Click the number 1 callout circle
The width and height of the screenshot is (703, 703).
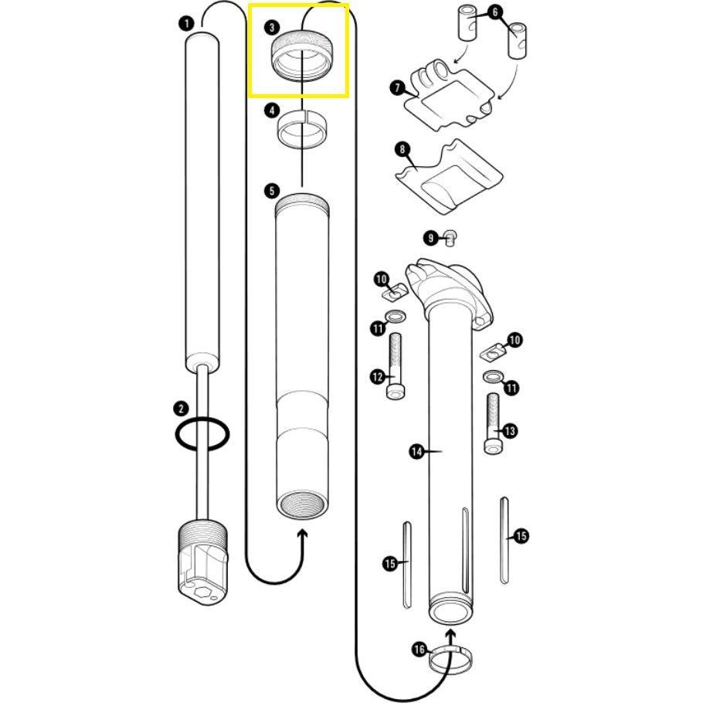(x=185, y=23)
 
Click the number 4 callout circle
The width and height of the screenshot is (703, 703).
(x=271, y=110)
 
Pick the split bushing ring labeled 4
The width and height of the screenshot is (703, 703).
(x=301, y=127)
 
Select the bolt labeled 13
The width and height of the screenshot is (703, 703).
(x=492, y=424)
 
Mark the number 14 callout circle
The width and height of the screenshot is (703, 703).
(x=417, y=452)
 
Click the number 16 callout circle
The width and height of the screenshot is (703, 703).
(x=419, y=650)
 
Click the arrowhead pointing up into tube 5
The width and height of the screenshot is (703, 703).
(x=301, y=535)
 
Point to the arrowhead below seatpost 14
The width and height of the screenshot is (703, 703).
(x=450, y=636)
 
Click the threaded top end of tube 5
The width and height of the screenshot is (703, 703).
(x=302, y=205)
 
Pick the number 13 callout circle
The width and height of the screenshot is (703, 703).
(x=510, y=431)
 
